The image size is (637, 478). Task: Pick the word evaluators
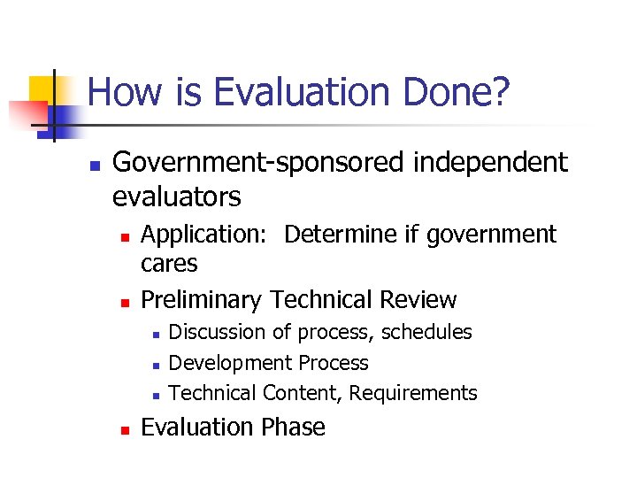[177, 195]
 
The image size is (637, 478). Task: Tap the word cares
[169, 263]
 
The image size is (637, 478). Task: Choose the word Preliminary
[202, 300]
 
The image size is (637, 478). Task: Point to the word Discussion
[217, 332]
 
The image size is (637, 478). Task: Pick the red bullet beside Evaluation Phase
[125, 429]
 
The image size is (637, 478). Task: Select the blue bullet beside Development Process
[155, 364]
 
